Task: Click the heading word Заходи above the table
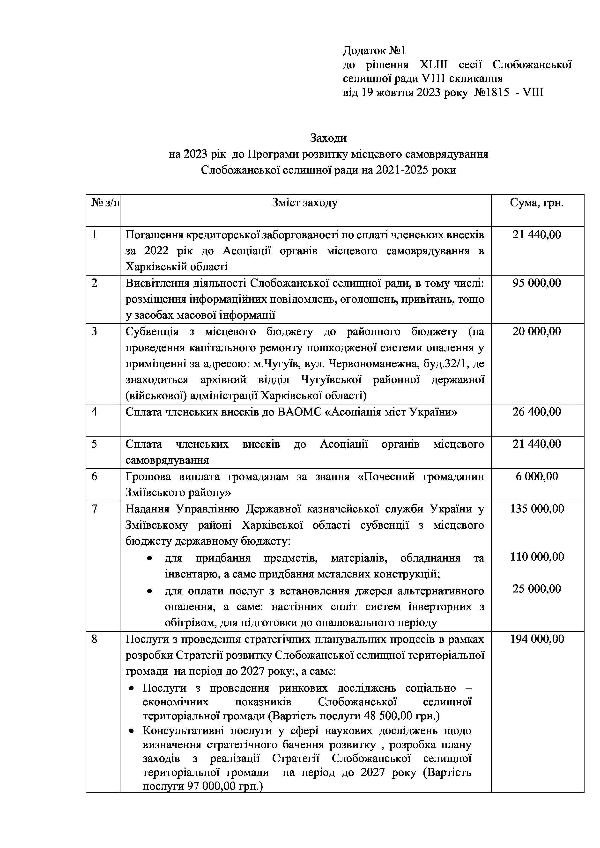(328, 138)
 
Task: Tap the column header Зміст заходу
(305, 203)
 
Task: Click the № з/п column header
(105, 203)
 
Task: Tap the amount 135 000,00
(537, 509)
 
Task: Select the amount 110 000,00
(537, 557)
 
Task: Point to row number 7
(95, 509)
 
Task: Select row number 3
(95, 332)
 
